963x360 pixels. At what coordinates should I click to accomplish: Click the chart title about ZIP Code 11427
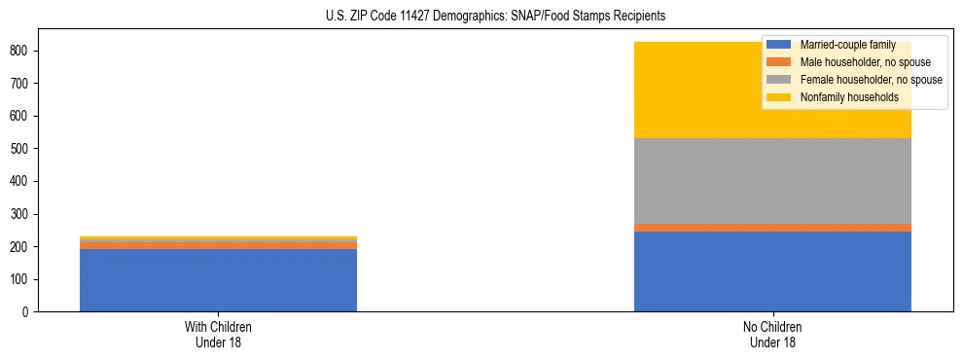point(482,17)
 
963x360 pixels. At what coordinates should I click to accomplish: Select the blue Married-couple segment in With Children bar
point(218,280)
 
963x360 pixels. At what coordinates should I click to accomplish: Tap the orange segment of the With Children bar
point(218,245)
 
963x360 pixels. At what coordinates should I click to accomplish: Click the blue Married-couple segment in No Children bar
point(772,271)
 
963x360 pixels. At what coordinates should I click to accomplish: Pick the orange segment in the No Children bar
point(772,228)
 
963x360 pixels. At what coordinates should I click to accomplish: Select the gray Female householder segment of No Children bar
point(772,181)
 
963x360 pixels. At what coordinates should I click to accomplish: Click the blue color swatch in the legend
point(779,45)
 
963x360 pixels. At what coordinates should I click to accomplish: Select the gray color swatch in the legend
point(779,80)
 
